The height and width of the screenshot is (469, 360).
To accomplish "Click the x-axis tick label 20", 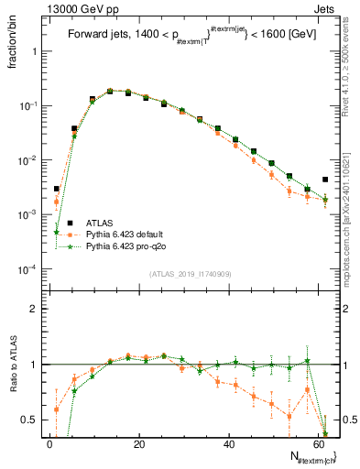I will [139, 444].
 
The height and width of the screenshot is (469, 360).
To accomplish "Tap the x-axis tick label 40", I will [229, 444].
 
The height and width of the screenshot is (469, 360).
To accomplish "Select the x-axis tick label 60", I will [317, 444].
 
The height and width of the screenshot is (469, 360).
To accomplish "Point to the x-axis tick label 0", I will [50, 444].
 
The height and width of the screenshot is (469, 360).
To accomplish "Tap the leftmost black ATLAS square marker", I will [57, 189].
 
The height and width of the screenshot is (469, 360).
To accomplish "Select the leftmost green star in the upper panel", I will [57, 232].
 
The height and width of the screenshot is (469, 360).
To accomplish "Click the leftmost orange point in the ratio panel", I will [57, 409].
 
